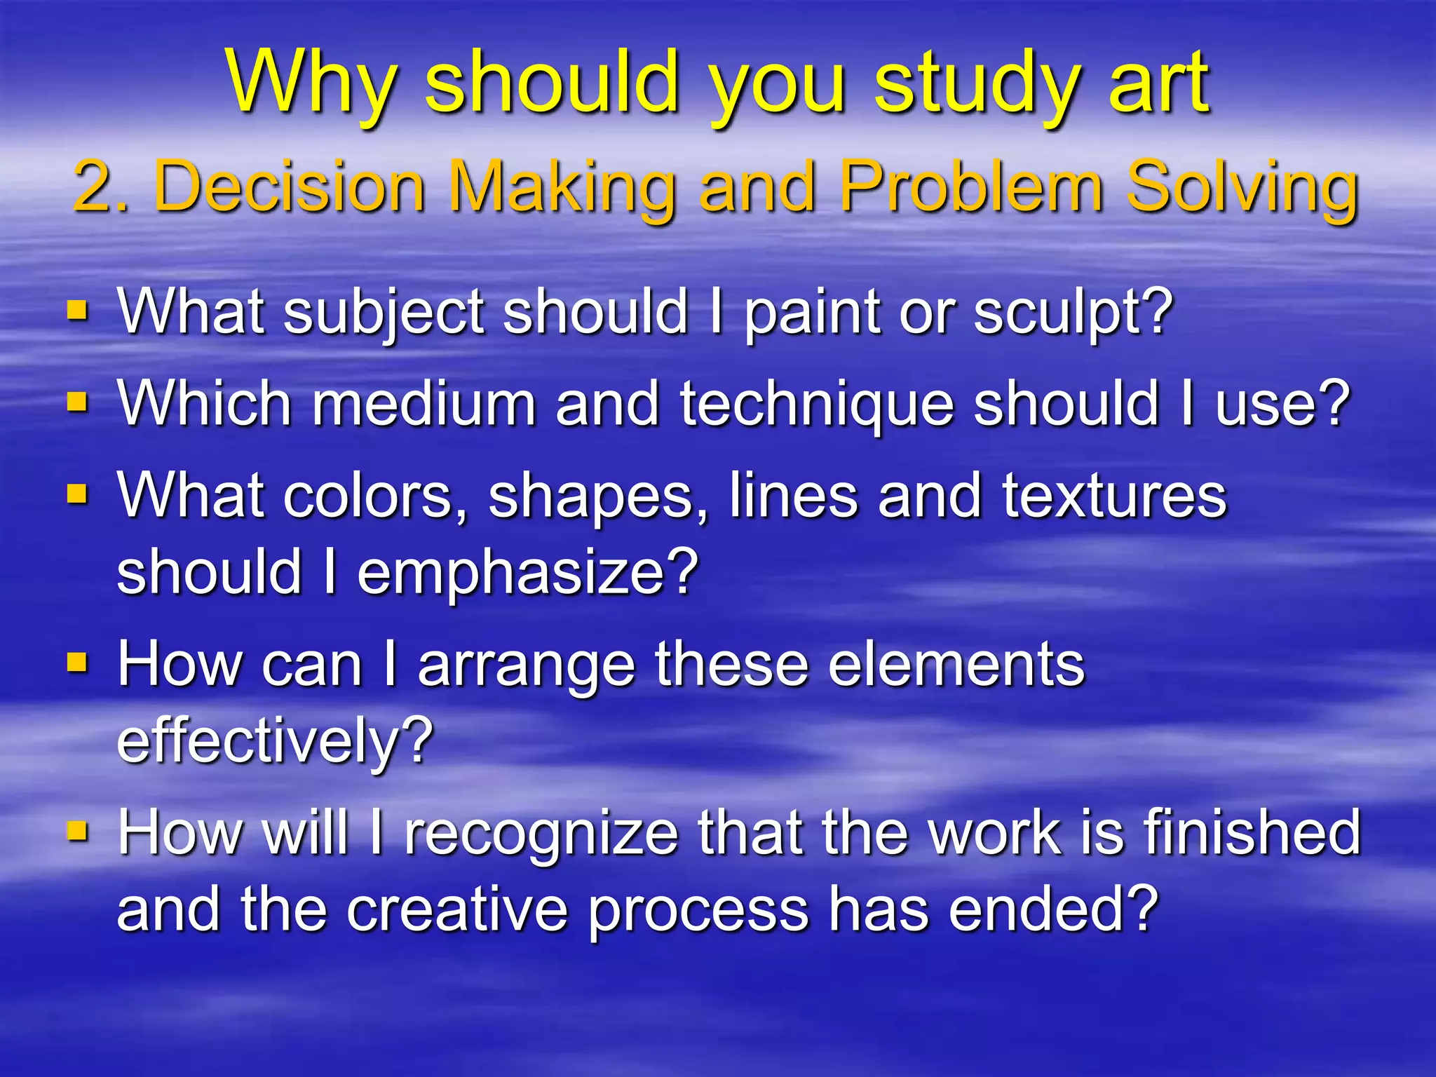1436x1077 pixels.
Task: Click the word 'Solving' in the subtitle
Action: [1242, 188]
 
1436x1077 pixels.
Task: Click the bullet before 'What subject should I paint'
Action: [77, 310]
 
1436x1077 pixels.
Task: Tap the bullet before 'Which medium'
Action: [77, 402]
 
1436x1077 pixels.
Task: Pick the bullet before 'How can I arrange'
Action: [77, 663]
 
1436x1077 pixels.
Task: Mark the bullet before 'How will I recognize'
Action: [77, 832]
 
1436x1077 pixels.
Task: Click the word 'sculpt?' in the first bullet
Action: [1073, 313]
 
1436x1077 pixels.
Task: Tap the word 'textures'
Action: [1114, 496]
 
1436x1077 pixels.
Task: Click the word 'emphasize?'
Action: [527, 574]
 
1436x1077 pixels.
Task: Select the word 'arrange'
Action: [526, 666]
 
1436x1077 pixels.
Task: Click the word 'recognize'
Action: [542, 834]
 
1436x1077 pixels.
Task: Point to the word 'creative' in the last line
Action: [456, 909]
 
